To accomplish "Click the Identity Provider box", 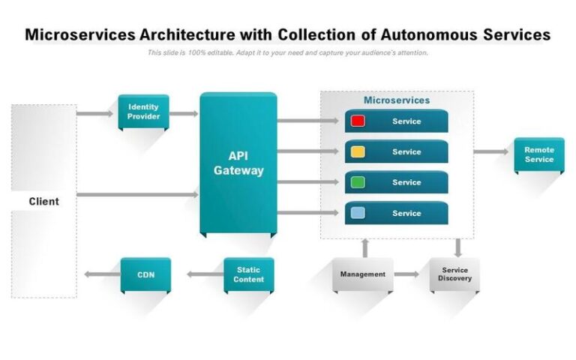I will [x=143, y=112].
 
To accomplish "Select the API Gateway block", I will [x=238, y=163].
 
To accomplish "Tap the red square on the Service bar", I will [x=358, y=121].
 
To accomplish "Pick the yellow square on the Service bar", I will [x=358, y=151].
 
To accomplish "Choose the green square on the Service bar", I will [x=358, y=182].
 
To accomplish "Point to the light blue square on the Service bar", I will [x=358, y=213].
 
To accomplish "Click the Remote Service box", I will [x=538, y=154].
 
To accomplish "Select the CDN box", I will [x=145, y=274].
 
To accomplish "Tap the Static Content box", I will [x=248, y=274].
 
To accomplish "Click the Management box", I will [x=362, y=274].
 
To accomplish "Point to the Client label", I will [x=43, y=201].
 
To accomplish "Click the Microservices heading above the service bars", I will [x=397, y=100].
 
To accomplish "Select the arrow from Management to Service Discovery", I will [x=406, y=274].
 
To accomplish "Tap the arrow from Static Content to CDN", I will [x=204, y=274].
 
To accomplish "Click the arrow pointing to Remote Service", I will [x=491, y=151].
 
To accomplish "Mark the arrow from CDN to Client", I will [x=101, y=274].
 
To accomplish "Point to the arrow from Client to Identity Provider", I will [x=95, y=114].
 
